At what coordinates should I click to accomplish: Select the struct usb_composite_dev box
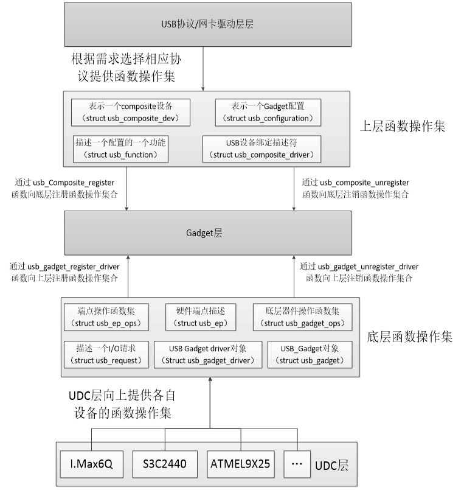[130, 110]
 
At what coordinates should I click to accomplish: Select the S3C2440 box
[165, 465]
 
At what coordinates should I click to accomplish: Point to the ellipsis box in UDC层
[297, 465]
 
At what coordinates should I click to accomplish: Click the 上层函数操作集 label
[404, 127]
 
